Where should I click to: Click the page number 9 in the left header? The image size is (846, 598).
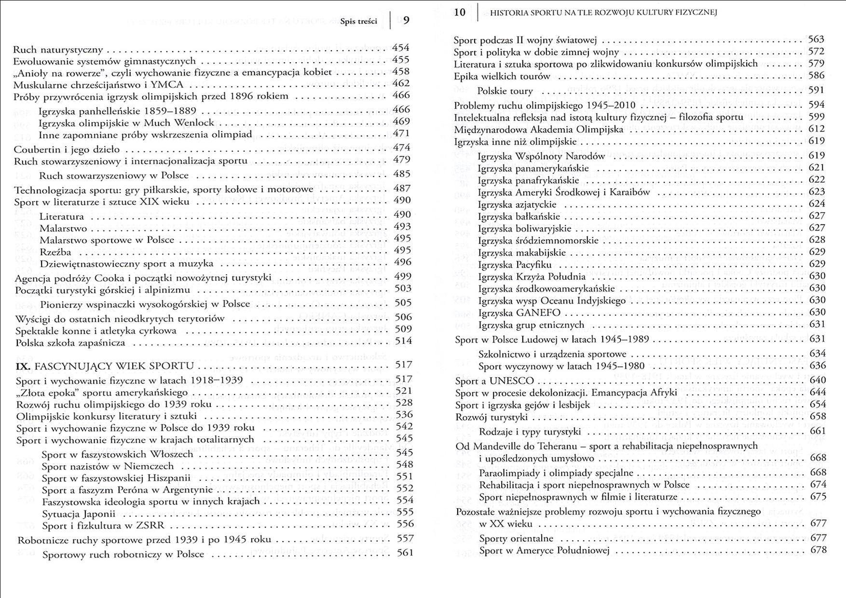[x=406, y=20]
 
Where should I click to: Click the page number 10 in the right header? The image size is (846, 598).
[x=460, y=13]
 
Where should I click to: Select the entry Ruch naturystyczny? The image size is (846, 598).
[x=58, y=50]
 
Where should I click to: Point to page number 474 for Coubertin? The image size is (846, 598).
[x=401, y=148]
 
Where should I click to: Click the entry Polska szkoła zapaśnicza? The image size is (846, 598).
[x=70, y=343]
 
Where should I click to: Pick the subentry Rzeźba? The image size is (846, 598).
[x=55, y=252]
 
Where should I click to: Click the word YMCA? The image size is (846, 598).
[x=167, y=84]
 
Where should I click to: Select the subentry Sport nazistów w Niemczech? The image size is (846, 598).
[x=108, y=466]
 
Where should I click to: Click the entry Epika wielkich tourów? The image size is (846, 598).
[x=502, y=76]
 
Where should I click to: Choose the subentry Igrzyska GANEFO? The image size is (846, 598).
[x=519, y=313]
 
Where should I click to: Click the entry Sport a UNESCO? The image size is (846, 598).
[x=494, y=381]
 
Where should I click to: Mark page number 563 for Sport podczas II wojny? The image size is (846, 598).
[x=816, y=40]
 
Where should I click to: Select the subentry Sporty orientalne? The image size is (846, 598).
[x=516, y=538]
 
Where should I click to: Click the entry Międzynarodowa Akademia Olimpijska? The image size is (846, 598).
[x=538, y=130]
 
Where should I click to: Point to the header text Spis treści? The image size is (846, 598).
[x=358, y=22]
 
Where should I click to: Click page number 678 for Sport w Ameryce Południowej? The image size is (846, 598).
[x=818, y=550]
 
